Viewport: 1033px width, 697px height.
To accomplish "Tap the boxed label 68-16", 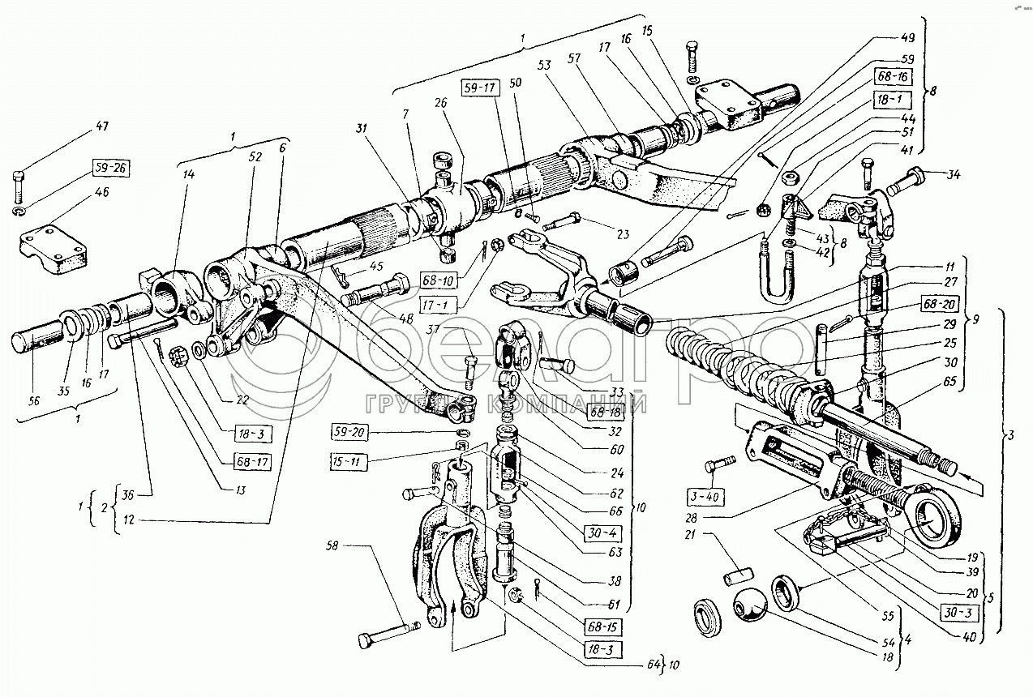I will coord(893,77).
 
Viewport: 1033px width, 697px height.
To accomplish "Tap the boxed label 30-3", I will coord(956,610).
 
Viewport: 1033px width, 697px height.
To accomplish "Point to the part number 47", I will coord(100,126).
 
